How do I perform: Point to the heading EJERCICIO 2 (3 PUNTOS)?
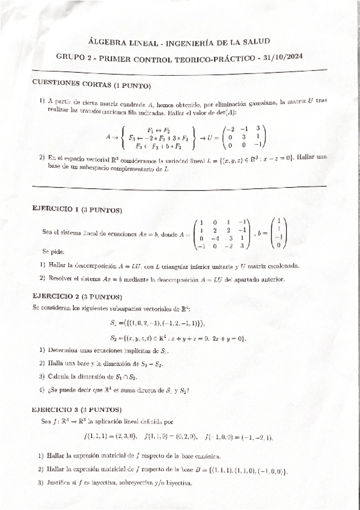click(78, 297)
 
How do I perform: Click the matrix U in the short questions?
click(243, 136)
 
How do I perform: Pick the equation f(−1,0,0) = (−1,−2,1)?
click(239, 436)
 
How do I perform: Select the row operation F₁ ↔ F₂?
click(159, 129)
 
